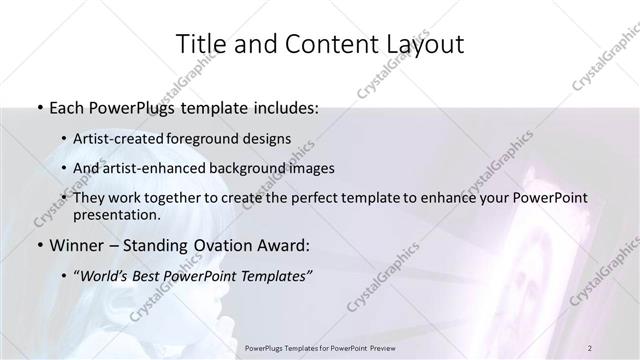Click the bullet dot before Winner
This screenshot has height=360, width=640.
tap(38, 245)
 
